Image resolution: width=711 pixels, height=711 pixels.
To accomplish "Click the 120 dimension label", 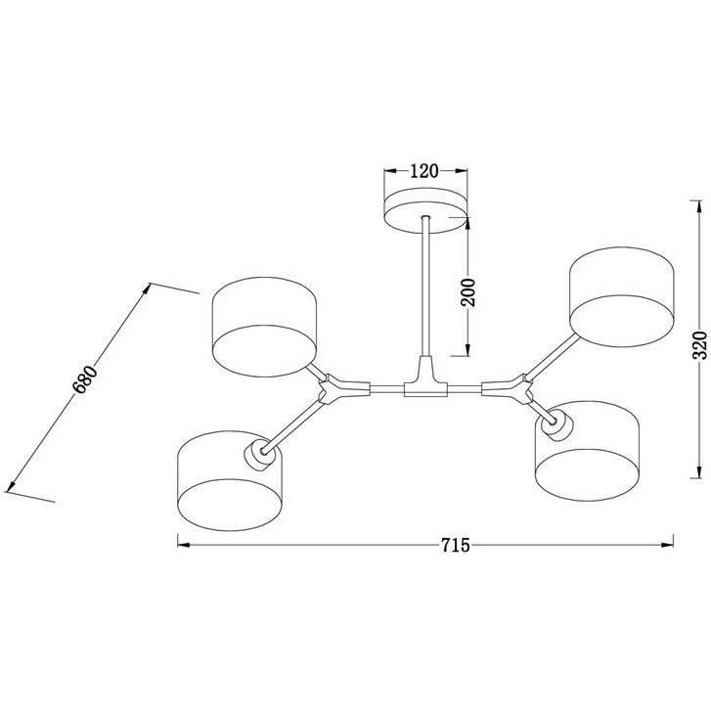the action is coord(424,171).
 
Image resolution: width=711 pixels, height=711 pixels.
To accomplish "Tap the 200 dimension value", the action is coord(468,292).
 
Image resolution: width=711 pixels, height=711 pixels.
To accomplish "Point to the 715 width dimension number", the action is coord(456,545).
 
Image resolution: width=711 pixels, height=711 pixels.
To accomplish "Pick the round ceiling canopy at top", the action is coord(425,210).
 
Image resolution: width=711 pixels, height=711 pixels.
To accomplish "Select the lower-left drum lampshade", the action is coord(231,480).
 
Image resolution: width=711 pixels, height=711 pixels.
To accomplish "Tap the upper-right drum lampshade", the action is coord(622,297).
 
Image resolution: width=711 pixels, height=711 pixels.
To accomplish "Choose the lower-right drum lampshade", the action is coord(587,451).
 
